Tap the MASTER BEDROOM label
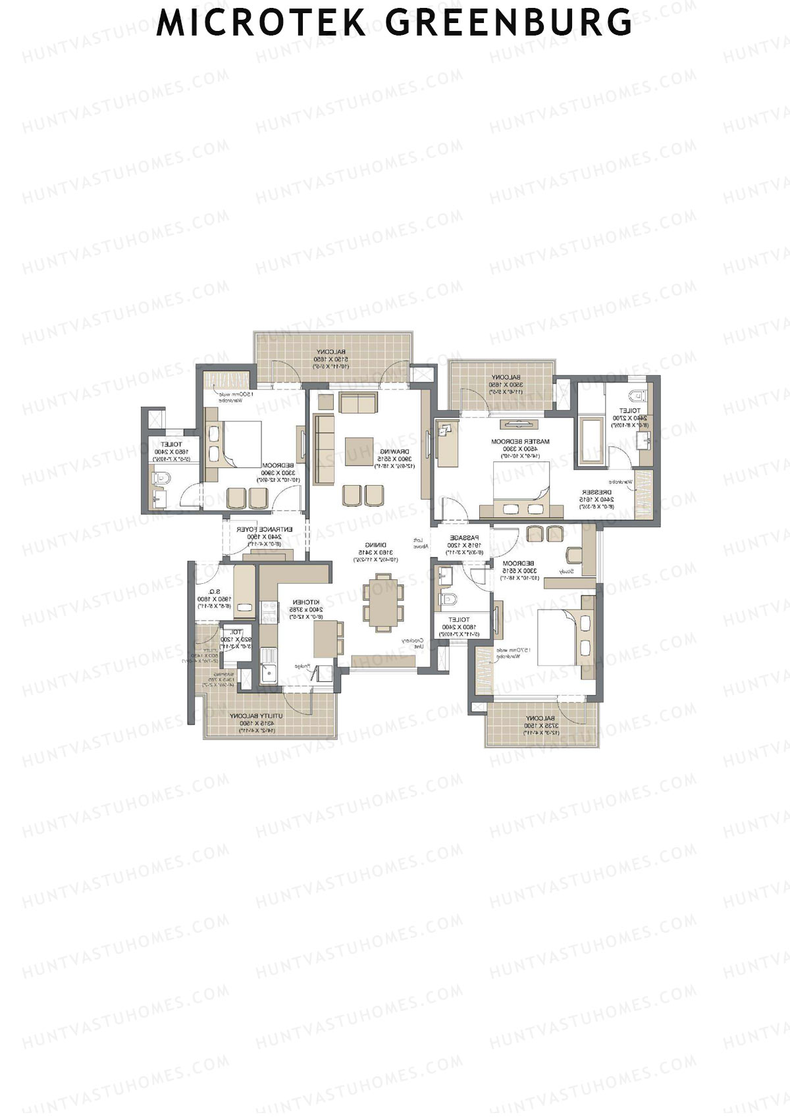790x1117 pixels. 520,442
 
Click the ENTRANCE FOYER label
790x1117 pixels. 263,529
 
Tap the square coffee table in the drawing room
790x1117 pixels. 359,452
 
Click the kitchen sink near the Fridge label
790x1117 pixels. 269,673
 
